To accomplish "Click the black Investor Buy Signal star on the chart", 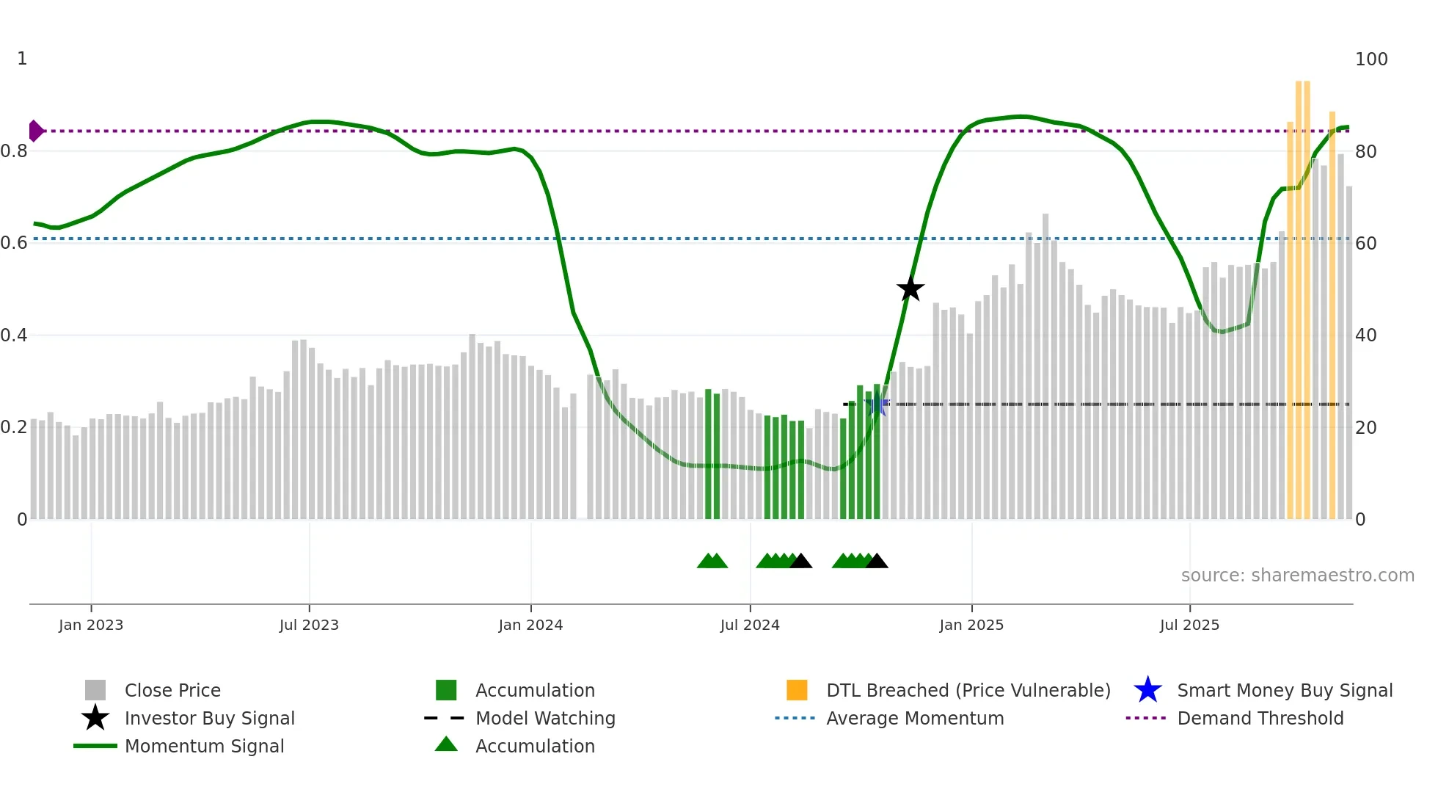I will point(910,289).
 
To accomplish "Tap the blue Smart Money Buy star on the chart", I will point(877,404).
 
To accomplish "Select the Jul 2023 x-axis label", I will point(309,625).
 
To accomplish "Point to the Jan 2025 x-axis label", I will point(971,625).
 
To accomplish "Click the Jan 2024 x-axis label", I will point(530,625).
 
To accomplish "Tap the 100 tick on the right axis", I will point(1371,59).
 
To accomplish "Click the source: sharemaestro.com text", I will point(1297,576).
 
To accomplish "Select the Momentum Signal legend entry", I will point(204,746).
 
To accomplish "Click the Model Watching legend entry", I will point(545,718).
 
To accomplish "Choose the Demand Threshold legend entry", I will point(1260,718).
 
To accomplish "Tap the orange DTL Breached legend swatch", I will point(797,690).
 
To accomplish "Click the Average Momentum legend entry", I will point(915,718).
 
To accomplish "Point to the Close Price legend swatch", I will point(95,690).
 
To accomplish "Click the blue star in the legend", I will point(1147,690).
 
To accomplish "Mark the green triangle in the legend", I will point(446,744).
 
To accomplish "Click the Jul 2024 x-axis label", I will point(750,625).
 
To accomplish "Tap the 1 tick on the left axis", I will point(22,59).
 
